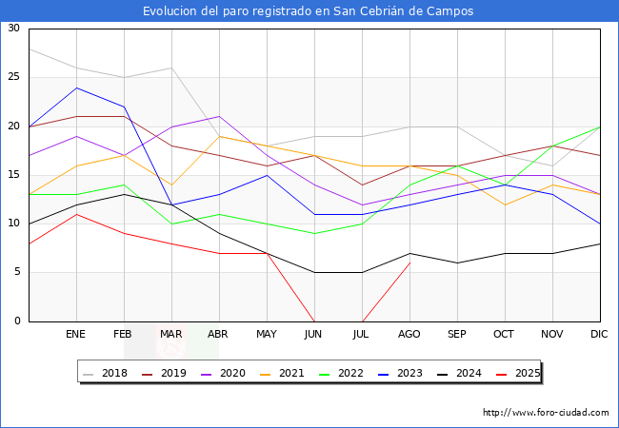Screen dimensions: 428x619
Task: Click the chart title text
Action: [x=309, y=11]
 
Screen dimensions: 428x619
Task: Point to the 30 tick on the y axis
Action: [x=13, y=29]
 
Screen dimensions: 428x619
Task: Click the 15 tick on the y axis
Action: [x=13, y=175]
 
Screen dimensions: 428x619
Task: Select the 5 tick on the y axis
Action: [x=16, y=273]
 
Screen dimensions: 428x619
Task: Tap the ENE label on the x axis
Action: [x=76, y=335]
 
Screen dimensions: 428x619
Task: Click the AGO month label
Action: [x=409, y=335]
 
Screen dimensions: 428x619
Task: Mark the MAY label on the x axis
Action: [x=267, y=335]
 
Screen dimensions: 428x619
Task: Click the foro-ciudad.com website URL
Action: [x=546, y=413]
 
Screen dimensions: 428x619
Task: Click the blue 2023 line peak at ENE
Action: [x=76, y=88]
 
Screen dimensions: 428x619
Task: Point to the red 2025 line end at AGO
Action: [x=409, y=263]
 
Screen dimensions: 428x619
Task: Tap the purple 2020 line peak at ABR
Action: [x=219, y=116]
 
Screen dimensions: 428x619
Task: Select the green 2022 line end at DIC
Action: [x=600, y=126]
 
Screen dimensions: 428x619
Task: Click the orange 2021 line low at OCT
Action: [x=505, y=204]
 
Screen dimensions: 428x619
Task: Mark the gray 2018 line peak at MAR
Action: [x=171, y=68]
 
